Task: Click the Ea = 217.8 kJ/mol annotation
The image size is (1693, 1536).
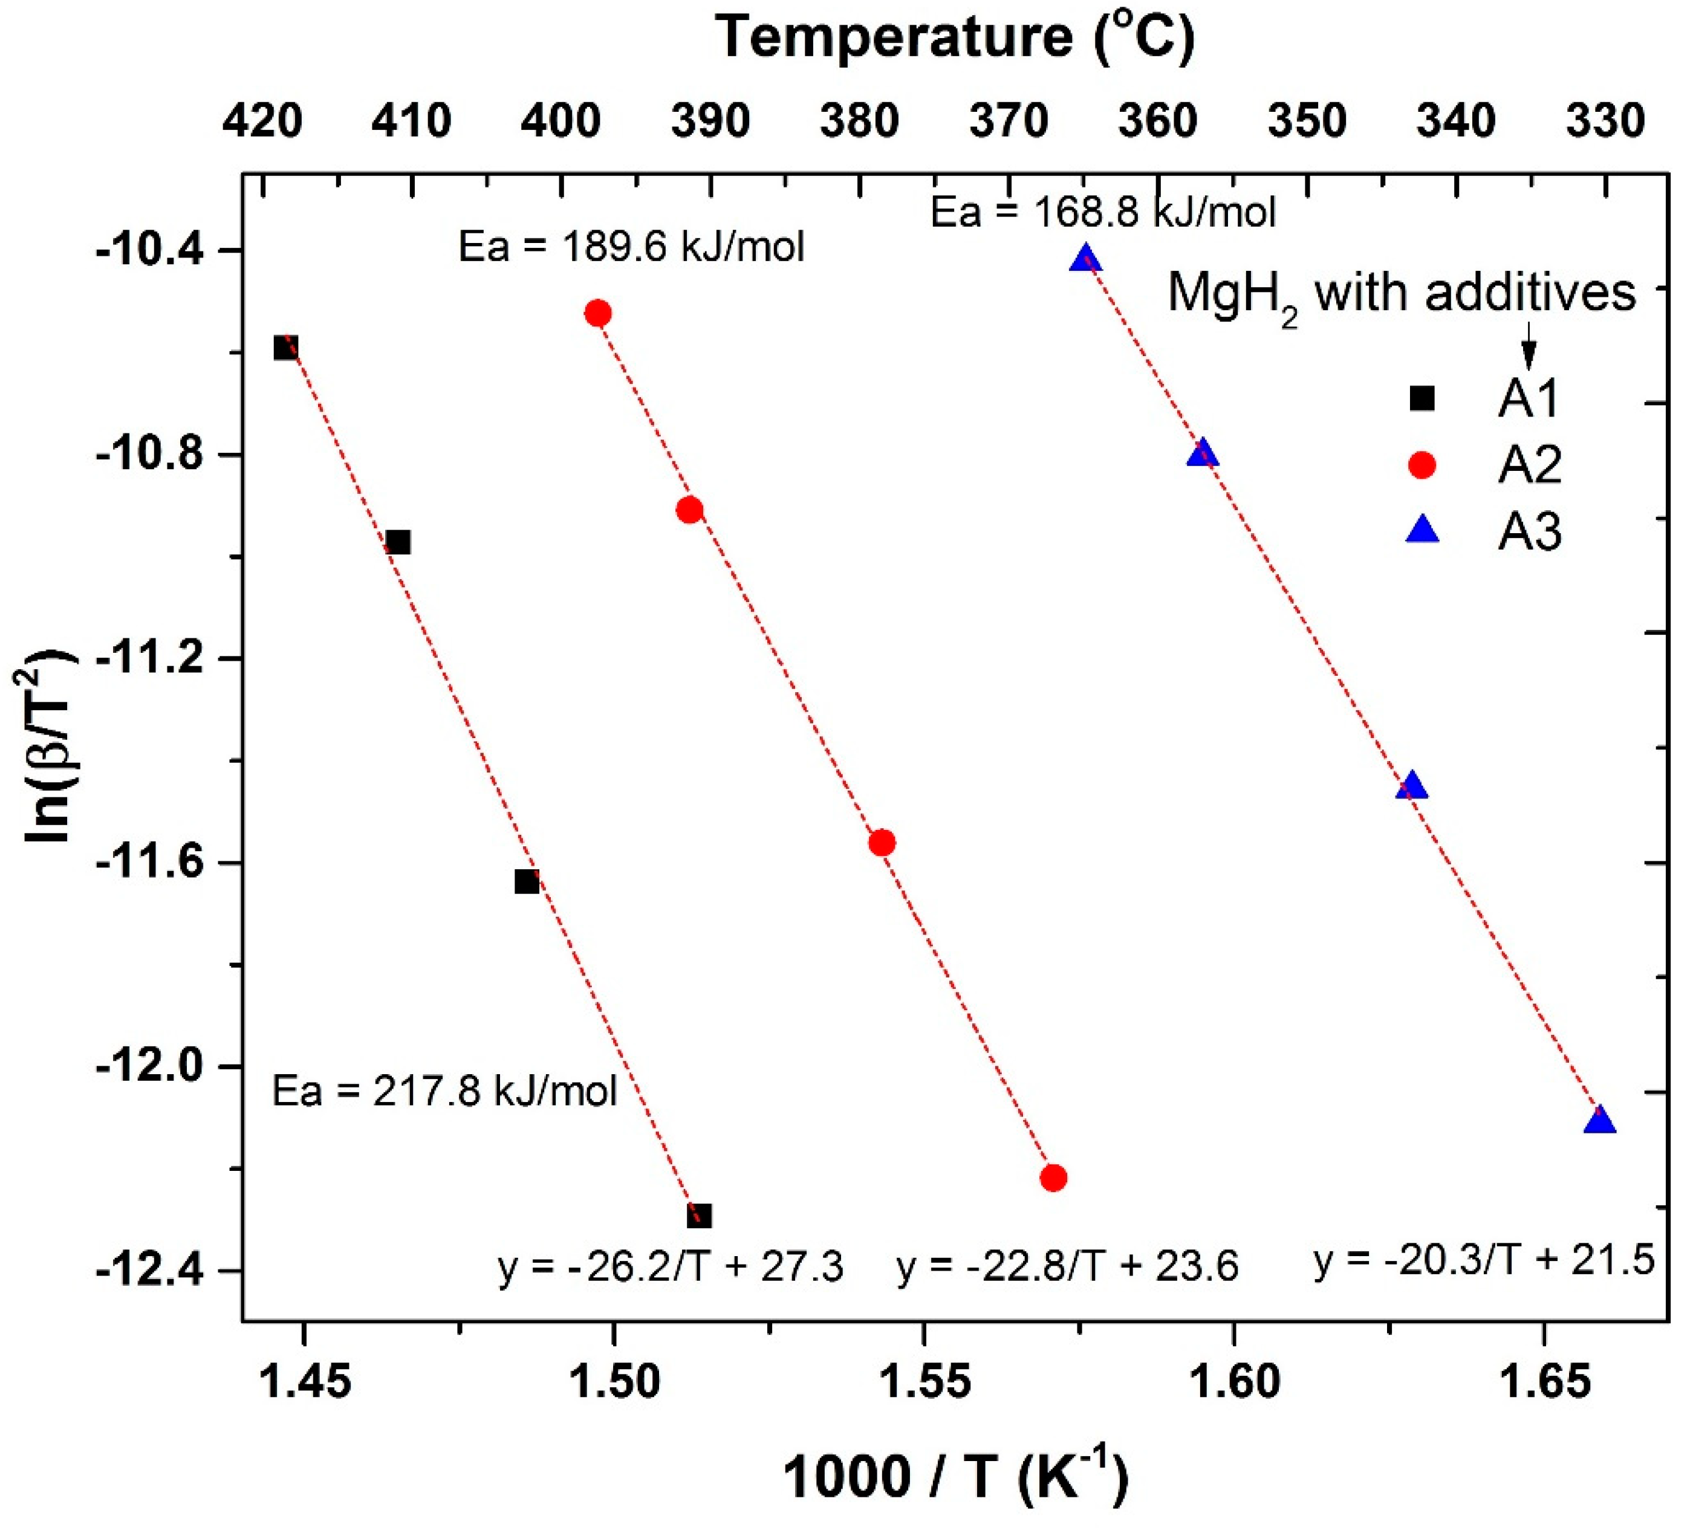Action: pos(444,1091)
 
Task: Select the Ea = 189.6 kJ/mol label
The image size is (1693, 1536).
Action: pos(631,248)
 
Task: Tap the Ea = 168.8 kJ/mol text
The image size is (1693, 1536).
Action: pos(1103,212)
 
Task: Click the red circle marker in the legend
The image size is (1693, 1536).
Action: pos(1422,464)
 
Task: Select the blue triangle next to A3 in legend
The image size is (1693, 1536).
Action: pos(1422,531)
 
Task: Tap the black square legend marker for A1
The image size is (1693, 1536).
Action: pos(1422,398)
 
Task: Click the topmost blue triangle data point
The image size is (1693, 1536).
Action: pos(1086,259)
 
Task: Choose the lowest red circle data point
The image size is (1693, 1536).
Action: pos(1053,1178)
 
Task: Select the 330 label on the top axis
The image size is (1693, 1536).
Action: pos(1605,122)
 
